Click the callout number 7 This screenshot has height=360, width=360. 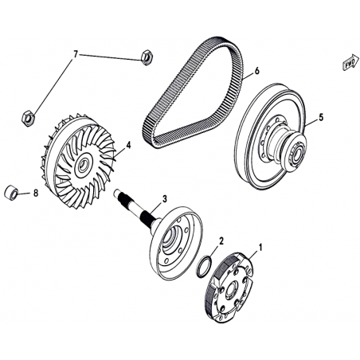[x=76, y=55]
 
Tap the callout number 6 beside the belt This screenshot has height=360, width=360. [x=256, y=71]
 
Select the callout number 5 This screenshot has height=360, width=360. [x=321, y=117]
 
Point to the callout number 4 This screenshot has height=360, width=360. [x=128, y=145]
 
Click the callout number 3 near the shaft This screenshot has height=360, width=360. [x=165, y=199]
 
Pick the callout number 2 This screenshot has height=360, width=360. [x=221, y=241]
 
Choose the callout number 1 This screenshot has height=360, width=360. [x=260, y=248]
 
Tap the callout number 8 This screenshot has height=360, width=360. [x=36, y=193]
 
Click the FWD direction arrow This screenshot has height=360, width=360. [x=350, y=63]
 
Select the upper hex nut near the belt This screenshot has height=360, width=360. [x=146, y=57]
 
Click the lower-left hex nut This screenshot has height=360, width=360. [x=28, y=117]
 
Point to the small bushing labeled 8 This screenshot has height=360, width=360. [x=11, y=192]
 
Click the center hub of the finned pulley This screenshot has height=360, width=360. [x=84, y=166]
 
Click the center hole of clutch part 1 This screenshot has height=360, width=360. [x=232, y=289]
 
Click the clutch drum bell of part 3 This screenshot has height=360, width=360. [x=176, y=243]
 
